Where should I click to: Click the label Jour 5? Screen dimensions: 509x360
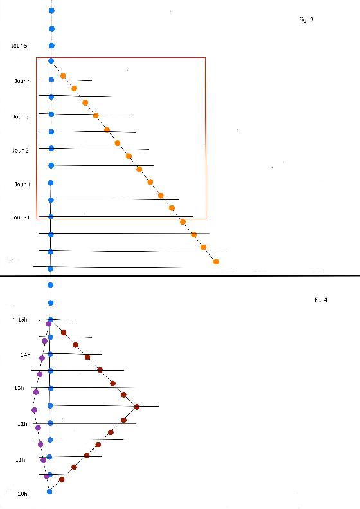pyautogui.click(x=19, y=46)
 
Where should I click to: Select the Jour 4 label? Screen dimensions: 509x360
pyautogui.click(x=22, y=81)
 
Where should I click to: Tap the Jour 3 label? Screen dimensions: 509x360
pyautogui.click(x=21, y=116)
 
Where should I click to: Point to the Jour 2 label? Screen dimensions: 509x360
pyautogui.click(x=21, y=150)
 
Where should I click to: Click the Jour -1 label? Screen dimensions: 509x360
pyautogui.click(x=21, y=217)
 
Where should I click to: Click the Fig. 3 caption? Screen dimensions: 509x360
pyautogui.click(x=306, y=20)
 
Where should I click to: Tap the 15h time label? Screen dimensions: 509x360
pyautogui.click(x=22, y=320)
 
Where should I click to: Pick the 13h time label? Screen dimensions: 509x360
pyautogui.click(x=19, y=388)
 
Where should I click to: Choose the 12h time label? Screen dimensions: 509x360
pyautogui.click(x=22, y=424)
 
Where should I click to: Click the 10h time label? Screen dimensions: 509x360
pyautogui.click(x=22, y=494)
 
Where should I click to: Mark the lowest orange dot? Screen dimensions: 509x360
pyautogui.click(x=216, y=262)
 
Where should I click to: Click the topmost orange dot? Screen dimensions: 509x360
pyautogui.click(x=63, y=76)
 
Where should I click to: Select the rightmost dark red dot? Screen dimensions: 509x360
pyautogui.click(x=137, y=407)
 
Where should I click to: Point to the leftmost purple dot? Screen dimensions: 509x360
pyautogui.click(x=34, y=410)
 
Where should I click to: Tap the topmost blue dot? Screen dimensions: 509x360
pyautogui.click(x=51, y=11)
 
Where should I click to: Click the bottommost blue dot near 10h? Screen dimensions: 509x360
pyautogui.click(x=50, y=491)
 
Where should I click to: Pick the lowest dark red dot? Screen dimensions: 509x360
pyautogui.click(x=62, y=479)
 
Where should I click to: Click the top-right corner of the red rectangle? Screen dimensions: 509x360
pyautogui.click(x=205, y=58)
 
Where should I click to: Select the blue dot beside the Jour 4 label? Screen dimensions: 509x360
pyautogui.click(x=51, y=80)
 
